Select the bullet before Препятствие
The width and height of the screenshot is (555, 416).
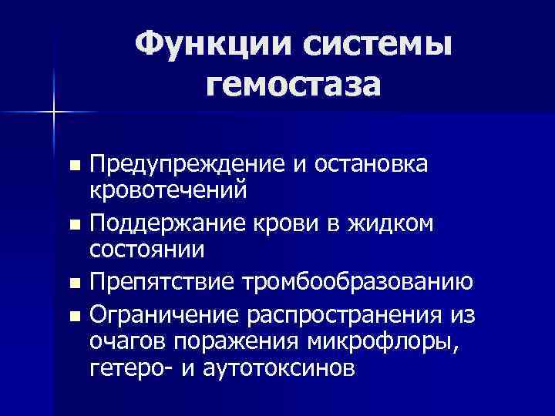click(x=74, y=283)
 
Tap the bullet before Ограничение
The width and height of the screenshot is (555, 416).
click(x=74, y=317)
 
